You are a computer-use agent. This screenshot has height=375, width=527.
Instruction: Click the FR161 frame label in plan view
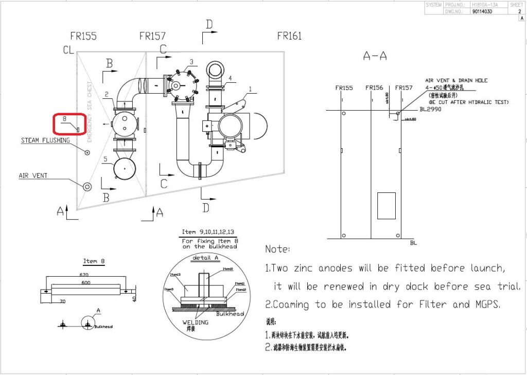pos(289,36)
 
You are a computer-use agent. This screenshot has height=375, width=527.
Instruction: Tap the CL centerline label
pos(68,50)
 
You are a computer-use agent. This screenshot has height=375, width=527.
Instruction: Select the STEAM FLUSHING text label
pos(45,140)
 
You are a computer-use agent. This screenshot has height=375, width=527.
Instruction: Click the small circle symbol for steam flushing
pos(86,152)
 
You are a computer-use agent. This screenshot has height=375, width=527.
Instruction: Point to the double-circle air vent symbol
pos(87,186)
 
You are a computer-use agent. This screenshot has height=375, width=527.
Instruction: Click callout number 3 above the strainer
pos(191,62)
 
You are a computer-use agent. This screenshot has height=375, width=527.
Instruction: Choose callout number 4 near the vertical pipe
pos(230,78)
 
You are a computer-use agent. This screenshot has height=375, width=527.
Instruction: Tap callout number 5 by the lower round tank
pos(105,159)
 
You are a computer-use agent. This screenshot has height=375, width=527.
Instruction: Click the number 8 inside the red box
pos(64,119)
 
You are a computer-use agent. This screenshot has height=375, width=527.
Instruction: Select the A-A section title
pos(375,56)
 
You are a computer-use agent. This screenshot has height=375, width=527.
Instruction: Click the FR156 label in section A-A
pos(374,88)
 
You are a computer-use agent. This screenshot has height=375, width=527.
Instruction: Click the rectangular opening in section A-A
pos(386,206)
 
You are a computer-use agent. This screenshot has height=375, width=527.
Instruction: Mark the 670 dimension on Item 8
pos(84,275)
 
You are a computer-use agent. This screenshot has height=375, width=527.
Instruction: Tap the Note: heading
pos(278,249)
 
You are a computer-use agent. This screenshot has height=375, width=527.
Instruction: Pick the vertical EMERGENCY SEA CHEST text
pos(90,112)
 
